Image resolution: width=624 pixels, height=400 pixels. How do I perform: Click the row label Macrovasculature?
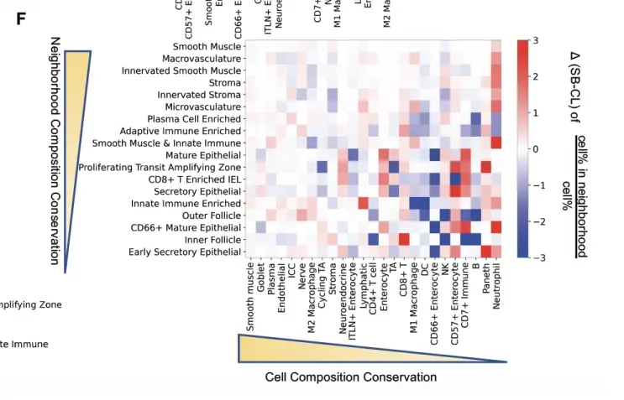202,59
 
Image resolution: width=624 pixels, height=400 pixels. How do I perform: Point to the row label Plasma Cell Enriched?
194,119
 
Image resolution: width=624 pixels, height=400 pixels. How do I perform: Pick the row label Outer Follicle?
212,216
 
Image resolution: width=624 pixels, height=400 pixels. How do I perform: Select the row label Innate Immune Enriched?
186,204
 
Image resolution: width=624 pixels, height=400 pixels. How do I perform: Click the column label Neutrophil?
496,286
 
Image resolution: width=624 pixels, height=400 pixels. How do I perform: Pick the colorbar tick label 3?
536,40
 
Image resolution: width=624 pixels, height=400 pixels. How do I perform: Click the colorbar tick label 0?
536,149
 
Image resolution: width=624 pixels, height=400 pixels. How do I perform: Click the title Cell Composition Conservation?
351,377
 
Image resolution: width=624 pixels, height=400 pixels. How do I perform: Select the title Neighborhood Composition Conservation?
55,151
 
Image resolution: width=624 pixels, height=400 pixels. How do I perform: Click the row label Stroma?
225,83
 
